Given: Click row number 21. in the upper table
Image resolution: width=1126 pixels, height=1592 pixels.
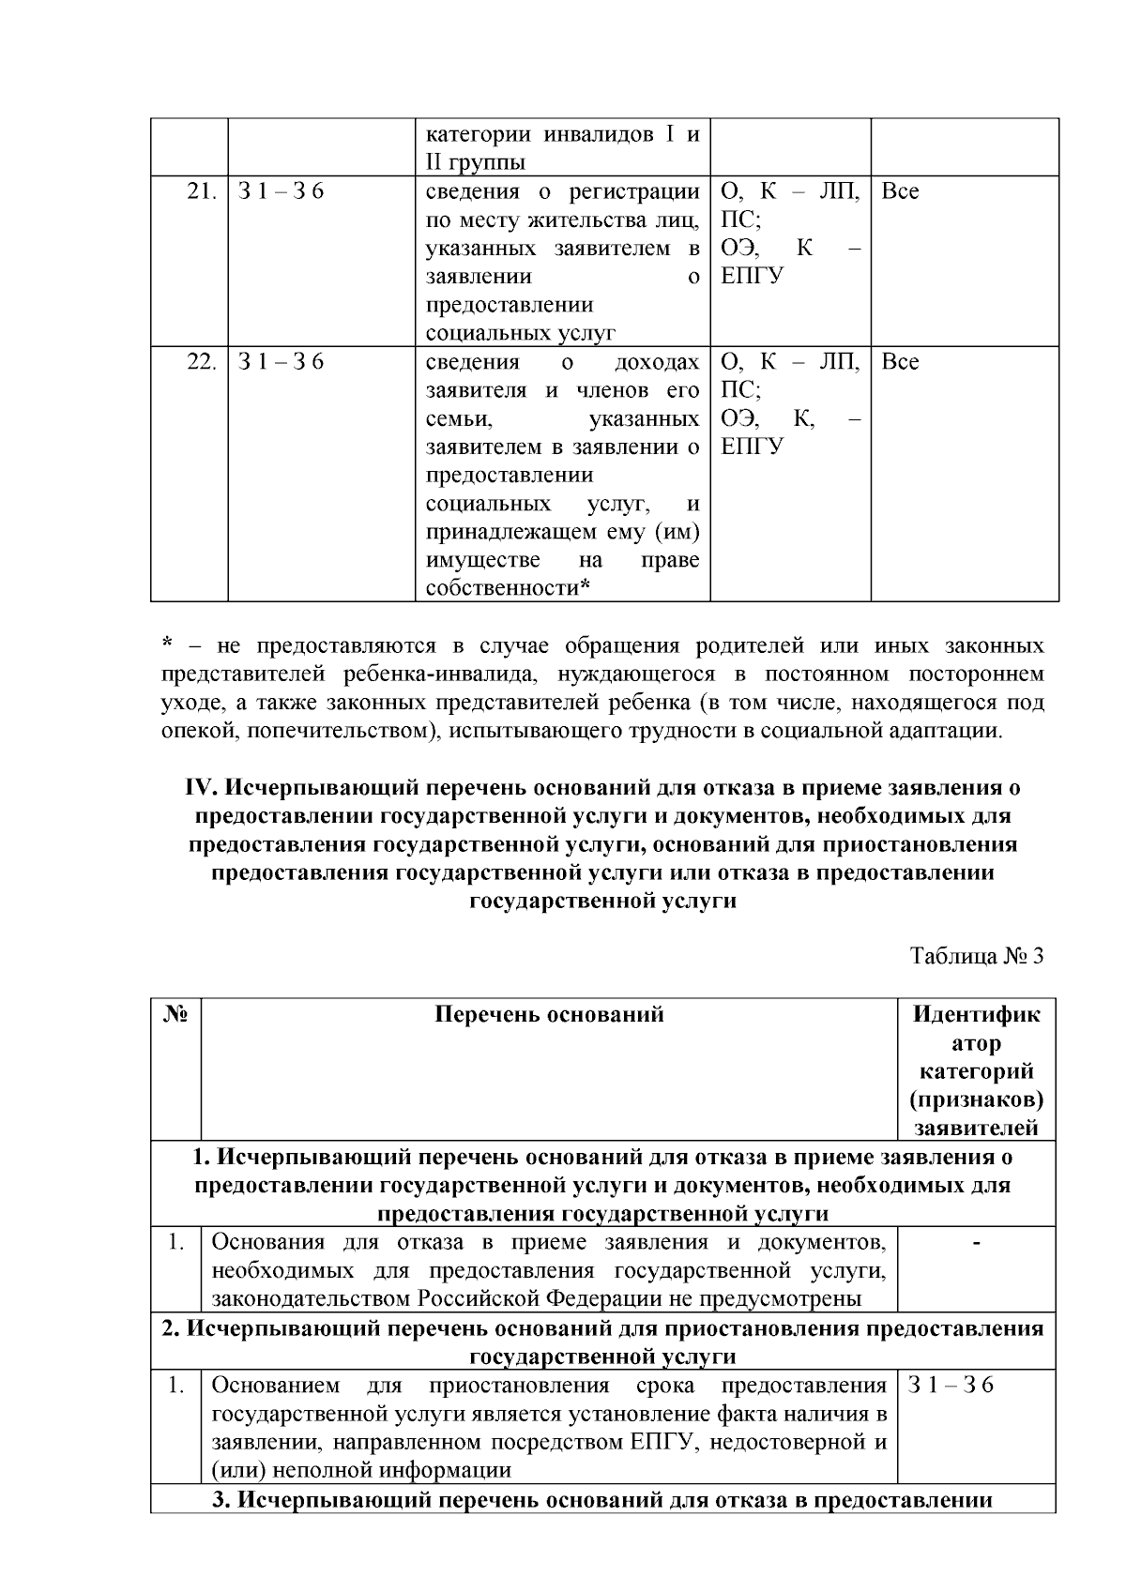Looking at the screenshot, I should tap(203, 191).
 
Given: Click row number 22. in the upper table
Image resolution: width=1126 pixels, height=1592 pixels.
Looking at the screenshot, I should tap(203, 362).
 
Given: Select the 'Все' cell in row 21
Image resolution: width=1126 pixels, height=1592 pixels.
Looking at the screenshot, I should tap(901, 191).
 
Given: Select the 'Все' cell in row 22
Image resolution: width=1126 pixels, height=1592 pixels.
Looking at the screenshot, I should tap(901, 362).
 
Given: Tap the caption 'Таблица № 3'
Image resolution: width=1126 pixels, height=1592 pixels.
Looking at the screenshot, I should tap(977, 956).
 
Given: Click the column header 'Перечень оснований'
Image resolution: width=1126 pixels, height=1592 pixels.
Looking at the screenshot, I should tap(549, 1014).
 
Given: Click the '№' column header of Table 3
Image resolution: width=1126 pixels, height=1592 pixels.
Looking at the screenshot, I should tap(176, 1014).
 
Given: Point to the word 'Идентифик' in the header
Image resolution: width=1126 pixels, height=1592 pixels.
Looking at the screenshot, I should tap(976, 1014).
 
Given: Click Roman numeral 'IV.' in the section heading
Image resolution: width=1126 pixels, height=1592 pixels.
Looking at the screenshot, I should tap(202, 787).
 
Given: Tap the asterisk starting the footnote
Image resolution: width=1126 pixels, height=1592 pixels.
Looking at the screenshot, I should tap(167, 645).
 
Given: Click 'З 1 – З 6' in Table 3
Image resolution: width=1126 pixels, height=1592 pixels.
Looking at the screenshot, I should tap(951, 1386).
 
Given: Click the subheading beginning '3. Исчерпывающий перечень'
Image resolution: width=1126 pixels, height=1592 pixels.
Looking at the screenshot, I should tap(602, 1499).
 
